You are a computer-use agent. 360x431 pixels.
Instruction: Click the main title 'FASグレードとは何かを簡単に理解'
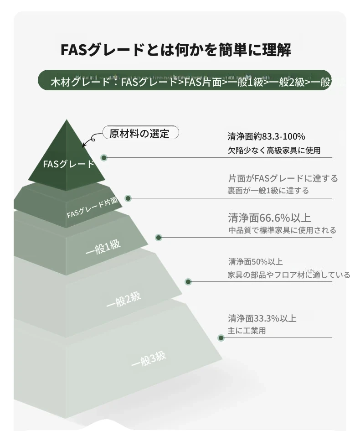[175, 50]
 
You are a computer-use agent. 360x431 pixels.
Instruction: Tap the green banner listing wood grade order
[185, 80]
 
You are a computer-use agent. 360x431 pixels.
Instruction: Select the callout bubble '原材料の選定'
[141, 133]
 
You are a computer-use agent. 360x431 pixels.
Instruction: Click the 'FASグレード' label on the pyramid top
[68, 164]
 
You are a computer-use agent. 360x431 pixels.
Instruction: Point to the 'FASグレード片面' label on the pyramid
[92, 207]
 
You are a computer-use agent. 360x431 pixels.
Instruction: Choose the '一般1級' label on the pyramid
[103, 247]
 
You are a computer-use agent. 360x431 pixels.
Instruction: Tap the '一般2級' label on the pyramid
[123, 299]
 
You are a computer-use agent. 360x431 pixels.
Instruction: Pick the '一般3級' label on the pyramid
[149, 358]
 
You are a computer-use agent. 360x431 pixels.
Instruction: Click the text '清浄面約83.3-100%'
[267, 136]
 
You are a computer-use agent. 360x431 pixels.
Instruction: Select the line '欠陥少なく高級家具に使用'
[274, 151]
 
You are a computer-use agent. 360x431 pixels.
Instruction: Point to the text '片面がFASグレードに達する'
[283, 178]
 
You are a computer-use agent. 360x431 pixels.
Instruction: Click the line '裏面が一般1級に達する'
[268, 191]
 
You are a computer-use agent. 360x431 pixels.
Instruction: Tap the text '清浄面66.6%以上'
[269, 218]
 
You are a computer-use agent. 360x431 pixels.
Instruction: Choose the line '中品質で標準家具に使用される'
[282, 230]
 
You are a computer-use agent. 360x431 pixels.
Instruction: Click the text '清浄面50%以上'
[255, 262]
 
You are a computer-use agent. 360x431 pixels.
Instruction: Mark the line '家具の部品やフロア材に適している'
[289, 275]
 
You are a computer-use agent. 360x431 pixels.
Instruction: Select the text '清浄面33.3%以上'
[262, 319]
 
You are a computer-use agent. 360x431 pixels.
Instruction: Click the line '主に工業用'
[247, 331]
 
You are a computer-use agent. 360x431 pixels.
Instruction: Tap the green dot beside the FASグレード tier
[104, 158]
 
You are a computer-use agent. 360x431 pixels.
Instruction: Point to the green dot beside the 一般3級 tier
[221, 338]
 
